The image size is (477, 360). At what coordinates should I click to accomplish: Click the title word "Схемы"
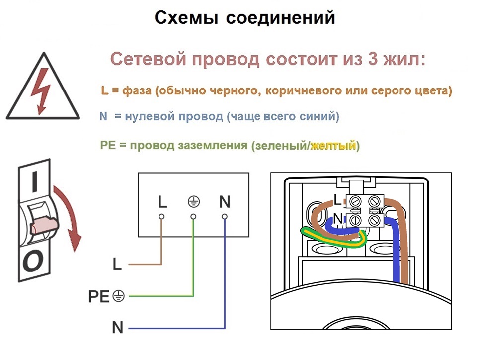[186, 17]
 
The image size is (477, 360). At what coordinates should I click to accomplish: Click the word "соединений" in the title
[280, 17]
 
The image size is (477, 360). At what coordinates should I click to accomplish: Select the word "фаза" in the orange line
[137, 90]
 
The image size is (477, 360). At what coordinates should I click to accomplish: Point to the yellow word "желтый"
[333, 146]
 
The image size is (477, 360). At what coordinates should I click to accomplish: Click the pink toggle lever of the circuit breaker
[44, 225]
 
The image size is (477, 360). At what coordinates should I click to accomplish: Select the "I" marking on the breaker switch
[35, 181]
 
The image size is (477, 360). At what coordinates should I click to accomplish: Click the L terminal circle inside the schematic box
[161, 217]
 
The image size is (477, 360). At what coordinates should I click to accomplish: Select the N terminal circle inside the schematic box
[225, 217]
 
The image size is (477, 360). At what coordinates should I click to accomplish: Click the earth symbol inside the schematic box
[193, 202]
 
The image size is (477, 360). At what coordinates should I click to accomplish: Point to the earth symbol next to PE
[119, 296]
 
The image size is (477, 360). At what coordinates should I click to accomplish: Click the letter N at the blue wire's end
[118, 328]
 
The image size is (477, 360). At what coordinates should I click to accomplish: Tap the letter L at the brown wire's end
[117, 264]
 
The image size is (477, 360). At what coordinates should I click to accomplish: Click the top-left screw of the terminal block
[355, 201]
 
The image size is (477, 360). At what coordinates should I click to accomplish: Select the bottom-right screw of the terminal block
[374, 220]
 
